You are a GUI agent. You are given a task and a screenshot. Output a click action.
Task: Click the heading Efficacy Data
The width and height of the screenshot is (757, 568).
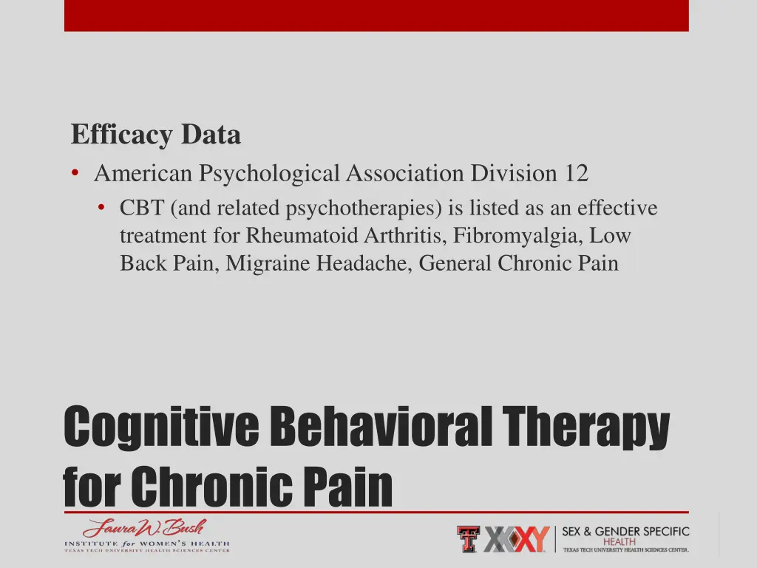[x=156, y=135]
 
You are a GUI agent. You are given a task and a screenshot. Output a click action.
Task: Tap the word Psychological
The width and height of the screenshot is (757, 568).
[x=267, y=173]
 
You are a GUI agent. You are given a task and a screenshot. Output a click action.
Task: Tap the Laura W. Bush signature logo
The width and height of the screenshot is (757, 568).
[x=144, y=528]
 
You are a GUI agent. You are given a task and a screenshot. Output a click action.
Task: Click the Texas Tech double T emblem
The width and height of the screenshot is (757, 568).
[x=468, y=539]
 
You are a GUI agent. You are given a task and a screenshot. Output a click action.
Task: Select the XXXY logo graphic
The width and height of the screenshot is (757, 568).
[x=517, y=539]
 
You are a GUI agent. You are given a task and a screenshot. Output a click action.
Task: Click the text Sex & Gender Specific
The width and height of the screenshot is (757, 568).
[x=625, y=531]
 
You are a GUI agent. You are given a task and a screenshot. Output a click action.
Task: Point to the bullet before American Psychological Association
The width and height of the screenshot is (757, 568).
[x=76, y=173]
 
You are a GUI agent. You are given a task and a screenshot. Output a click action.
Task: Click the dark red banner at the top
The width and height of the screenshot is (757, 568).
[x=376, y=15]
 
